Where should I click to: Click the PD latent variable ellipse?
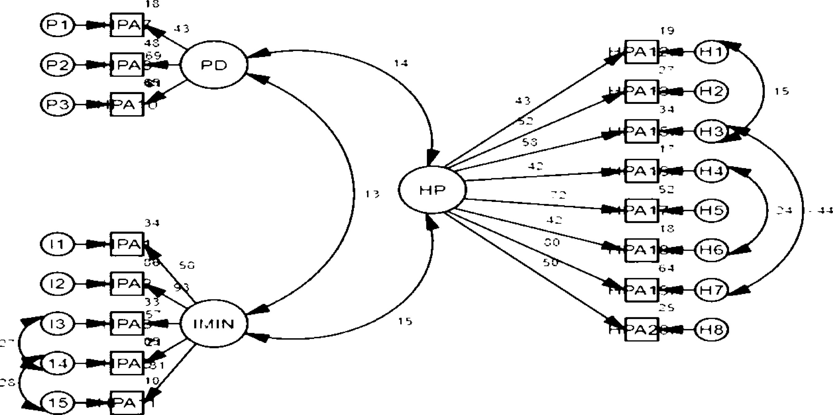(214, 65)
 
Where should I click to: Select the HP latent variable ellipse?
(432, 190)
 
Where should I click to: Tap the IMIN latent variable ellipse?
(214, 323)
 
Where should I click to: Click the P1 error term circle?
(58, 25)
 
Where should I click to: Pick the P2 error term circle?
(58, 65)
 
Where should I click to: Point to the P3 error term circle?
(58, 105)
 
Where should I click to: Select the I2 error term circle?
(58, 284)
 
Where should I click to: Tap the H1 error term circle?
(711, 52)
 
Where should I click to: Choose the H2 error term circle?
(711, 92)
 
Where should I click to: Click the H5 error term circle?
(711, 210)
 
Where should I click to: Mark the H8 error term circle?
(711, 330)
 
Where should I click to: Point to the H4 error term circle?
(711, 171)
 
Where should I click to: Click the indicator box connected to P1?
(127, 25)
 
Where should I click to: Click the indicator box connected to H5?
(642, 210)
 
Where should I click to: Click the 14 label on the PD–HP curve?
(401, 63)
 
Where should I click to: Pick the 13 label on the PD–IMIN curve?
(372, 194)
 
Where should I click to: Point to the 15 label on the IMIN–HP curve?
(405, 321)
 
